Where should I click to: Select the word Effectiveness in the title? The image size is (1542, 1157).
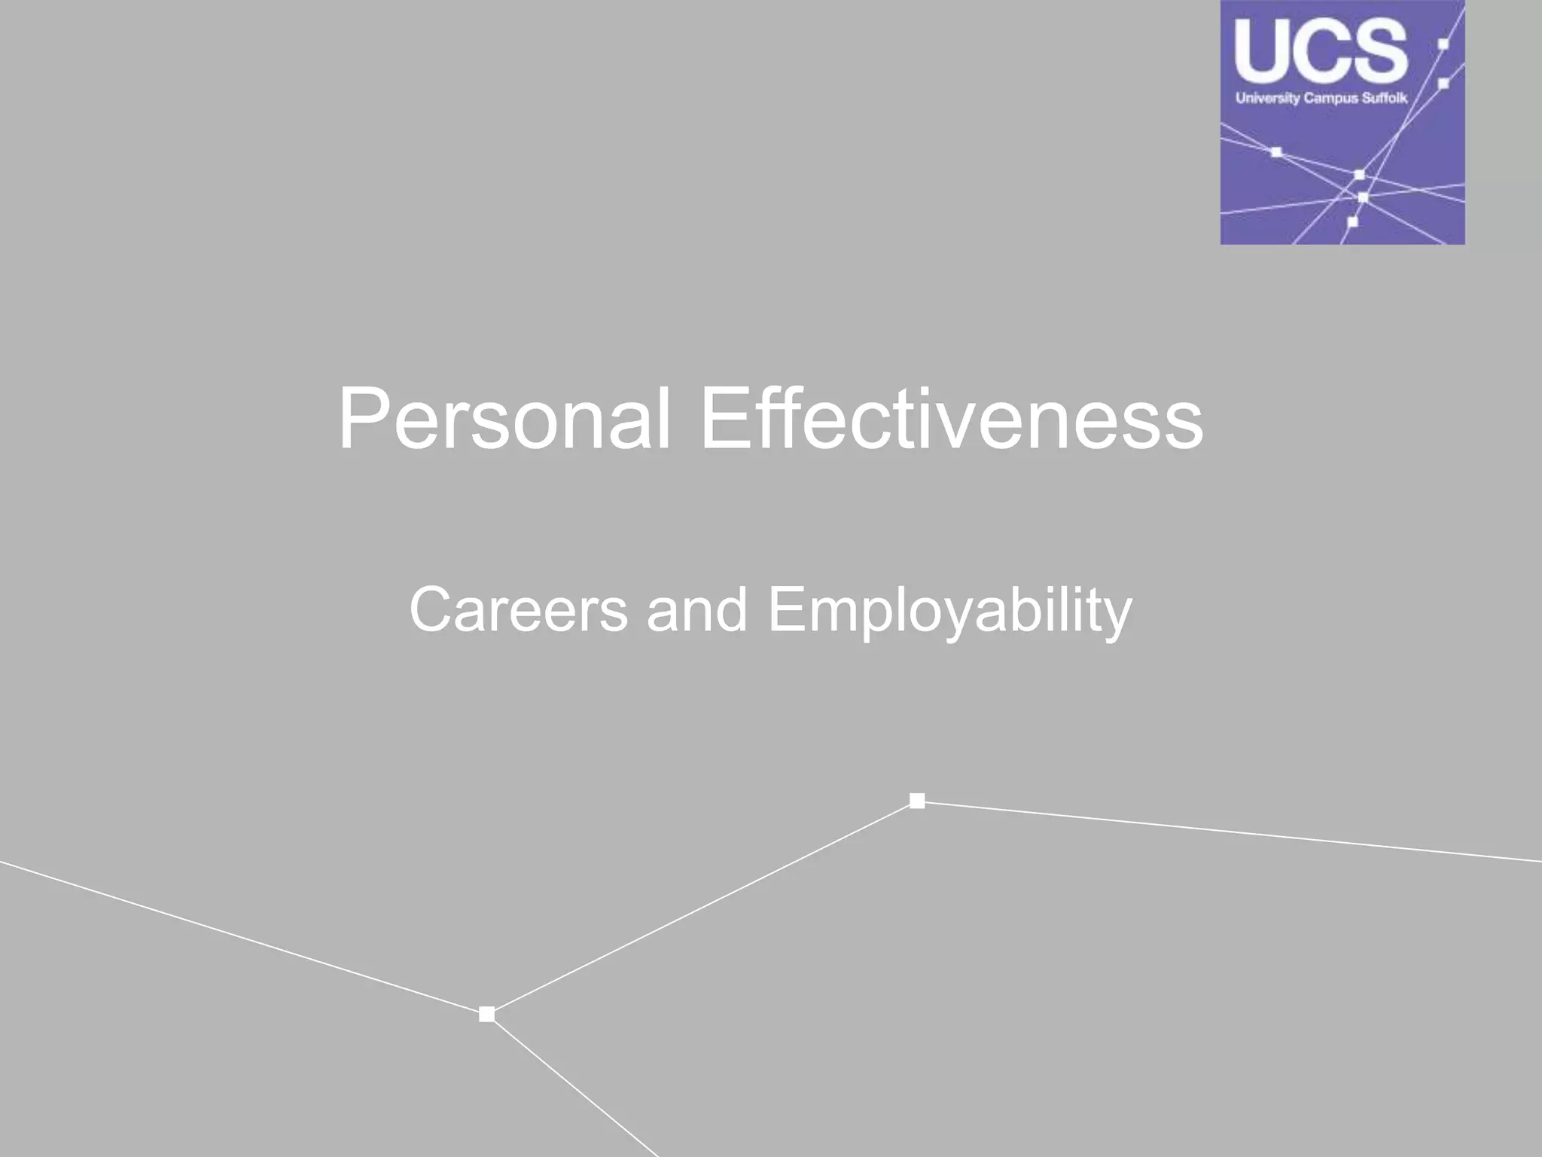point(952,419)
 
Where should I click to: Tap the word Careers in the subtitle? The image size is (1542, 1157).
point(518,610)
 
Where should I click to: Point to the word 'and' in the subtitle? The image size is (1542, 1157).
point(696,610)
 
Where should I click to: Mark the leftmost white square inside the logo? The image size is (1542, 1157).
point(1276,153)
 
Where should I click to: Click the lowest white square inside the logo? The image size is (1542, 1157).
point(1352,222)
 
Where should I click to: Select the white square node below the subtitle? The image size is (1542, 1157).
point(917,801)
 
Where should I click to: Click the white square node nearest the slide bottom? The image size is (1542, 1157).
point(487,1015)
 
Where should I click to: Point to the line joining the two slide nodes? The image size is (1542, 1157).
point(702,908)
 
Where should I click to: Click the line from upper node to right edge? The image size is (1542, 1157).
point(1227,832)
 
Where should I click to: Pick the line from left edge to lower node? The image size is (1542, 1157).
point(241,937)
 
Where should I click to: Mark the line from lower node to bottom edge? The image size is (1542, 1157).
point(572,1085)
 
